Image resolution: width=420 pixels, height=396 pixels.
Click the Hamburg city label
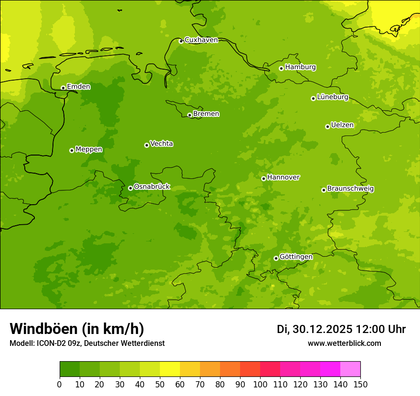coord(300,67)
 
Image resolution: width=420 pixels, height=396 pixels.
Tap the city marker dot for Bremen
coord(189,115)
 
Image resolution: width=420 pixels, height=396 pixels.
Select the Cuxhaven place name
coord(201,40)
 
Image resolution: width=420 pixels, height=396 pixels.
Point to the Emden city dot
coord(63,88)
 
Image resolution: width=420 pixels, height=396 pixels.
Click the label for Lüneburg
coord(333,97)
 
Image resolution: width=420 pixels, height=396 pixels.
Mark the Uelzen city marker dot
coord(327,126)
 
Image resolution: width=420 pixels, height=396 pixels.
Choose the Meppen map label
coord(89,149)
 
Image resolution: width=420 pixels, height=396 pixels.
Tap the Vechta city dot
coord(147,145)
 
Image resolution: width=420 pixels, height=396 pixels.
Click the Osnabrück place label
coord(152,187)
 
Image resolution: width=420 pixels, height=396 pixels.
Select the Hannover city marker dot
coord(263,178)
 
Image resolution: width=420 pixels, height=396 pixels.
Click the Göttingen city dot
coord(276,258)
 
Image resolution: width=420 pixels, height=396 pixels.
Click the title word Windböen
coord(43,329)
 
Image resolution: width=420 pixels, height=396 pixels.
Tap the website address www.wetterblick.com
coord(344,343)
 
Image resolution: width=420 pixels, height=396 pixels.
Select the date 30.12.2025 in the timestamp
coord(323,329)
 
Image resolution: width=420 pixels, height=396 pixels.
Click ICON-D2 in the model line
coord(51,343)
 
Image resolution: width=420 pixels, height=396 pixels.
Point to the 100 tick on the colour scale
coord(260,384)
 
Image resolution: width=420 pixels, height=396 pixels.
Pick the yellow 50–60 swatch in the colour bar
coord(170,369)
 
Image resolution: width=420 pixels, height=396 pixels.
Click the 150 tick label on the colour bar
coord(360,384)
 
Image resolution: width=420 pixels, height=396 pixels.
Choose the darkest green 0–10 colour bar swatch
coord(70,369)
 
